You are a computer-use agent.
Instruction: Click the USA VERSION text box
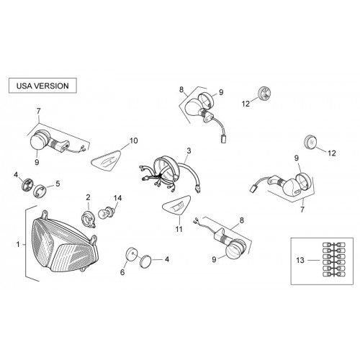42,86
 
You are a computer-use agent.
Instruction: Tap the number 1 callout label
18,245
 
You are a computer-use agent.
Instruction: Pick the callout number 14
117,198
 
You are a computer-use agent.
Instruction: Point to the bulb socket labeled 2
89,218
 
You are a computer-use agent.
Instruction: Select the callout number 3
189,151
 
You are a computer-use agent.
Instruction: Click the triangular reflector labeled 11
176,205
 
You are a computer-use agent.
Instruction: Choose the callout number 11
179,229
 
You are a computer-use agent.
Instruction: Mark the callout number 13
300,260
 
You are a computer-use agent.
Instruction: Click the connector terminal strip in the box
333,259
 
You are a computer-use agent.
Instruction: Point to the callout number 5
58,184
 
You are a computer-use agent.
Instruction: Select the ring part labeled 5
39,191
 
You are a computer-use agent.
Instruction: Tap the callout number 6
122,272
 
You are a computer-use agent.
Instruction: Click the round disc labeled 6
131,254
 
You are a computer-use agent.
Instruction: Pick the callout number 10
134,140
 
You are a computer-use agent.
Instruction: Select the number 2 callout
88,197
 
